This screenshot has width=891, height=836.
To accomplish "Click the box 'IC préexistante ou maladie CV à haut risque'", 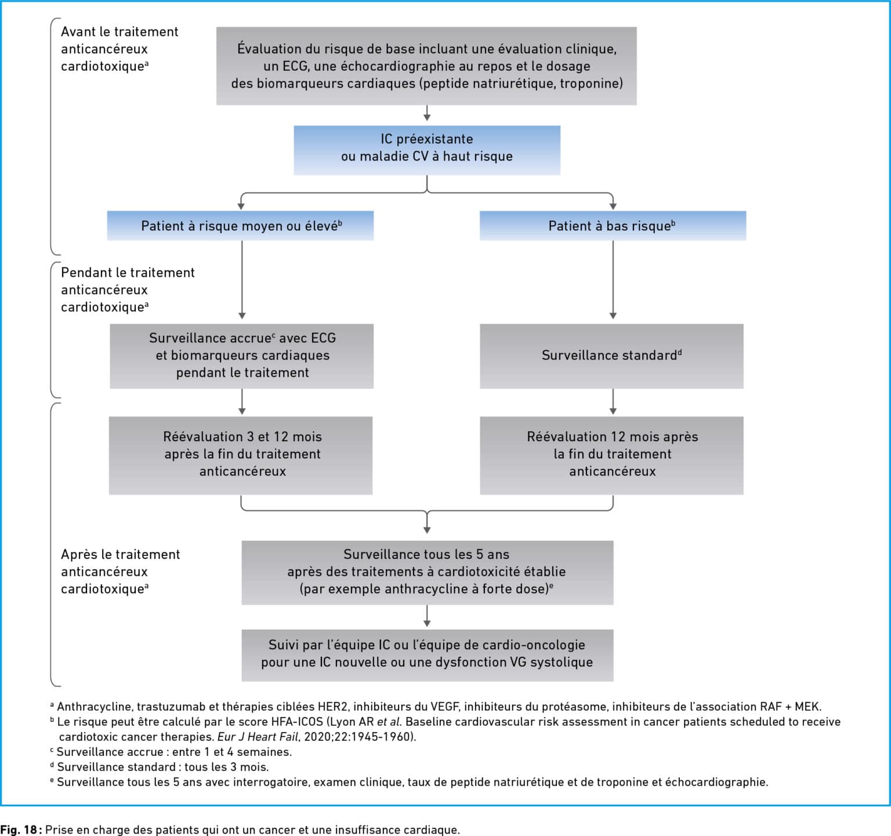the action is pyautogui.click(x=427, y=150).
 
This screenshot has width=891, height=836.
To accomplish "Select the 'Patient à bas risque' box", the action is pyautogui.click(x=613, y=226).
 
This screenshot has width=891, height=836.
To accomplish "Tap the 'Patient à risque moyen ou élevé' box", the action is pyautogui.click(x=240, y=226).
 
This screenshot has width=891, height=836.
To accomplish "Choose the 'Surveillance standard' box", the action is pyautogui.click(x=611, y=356).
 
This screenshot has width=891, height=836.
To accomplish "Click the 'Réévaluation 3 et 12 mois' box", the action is pyautogui.click(x=241, y=455).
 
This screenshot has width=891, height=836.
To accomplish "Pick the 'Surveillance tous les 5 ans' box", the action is pyautogui.click(x=428, y=572).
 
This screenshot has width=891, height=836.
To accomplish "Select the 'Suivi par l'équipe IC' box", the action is pyautogui.click(x=428, y=655).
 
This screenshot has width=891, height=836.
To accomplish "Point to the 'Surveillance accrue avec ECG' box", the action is pyautogui.click(x=242, y=356).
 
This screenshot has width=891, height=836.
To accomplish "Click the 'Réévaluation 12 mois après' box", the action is pyautogui.click(x=611, y=455).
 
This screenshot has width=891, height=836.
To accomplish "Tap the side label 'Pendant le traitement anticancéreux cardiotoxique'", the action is pyautogui.click(x=128, y=289).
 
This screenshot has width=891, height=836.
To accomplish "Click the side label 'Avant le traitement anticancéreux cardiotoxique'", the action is pyautogui.click(x=119, y=49).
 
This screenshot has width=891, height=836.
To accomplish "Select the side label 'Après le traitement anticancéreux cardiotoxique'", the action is pyautogui.click(x=120, y=571).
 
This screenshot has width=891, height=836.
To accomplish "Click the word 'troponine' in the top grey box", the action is pyautogui.click(x=590, y=83).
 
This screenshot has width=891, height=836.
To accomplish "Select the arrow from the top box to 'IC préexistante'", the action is pyautogui.click(x=427, y=113).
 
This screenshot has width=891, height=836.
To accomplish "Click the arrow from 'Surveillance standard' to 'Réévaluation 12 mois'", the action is pyautogui.click(x=613, y=402).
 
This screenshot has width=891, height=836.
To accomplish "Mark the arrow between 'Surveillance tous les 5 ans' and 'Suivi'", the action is pyautogui.click(x=427, y=616).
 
